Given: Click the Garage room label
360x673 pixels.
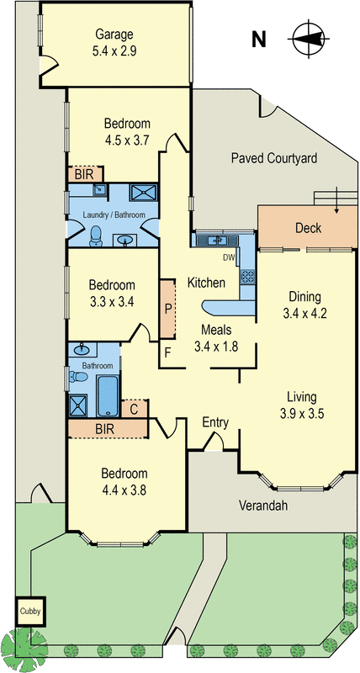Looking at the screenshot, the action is coord(114,34).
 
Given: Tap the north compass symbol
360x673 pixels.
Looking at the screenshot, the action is coord(309,39).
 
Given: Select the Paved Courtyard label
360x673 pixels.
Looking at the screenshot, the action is coord(274,158).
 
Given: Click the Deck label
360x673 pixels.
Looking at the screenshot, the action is coord(308,227).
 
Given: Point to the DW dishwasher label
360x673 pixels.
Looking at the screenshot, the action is coord(228,258).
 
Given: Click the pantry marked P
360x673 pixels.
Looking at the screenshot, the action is coord(167,308).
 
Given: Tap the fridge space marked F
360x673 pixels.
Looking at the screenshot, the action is coord(167,353).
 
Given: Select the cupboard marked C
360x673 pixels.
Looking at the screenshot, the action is coord(135,409).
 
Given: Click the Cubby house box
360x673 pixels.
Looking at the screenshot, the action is coord(30,612).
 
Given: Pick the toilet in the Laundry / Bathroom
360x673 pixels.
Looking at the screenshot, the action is coord(96,236).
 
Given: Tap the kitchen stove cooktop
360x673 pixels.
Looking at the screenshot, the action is coord(247,277).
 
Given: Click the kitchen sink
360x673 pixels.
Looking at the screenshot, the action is coord(218,241).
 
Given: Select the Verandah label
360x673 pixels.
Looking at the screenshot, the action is coord(263,506).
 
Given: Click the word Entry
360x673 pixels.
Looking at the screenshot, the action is coord(215,423).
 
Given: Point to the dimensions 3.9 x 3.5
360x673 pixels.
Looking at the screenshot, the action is coord(301,414).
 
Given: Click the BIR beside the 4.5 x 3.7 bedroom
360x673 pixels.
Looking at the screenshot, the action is coord(86,175).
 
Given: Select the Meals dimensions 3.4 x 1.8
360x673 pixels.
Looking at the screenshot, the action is coord(216,346).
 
